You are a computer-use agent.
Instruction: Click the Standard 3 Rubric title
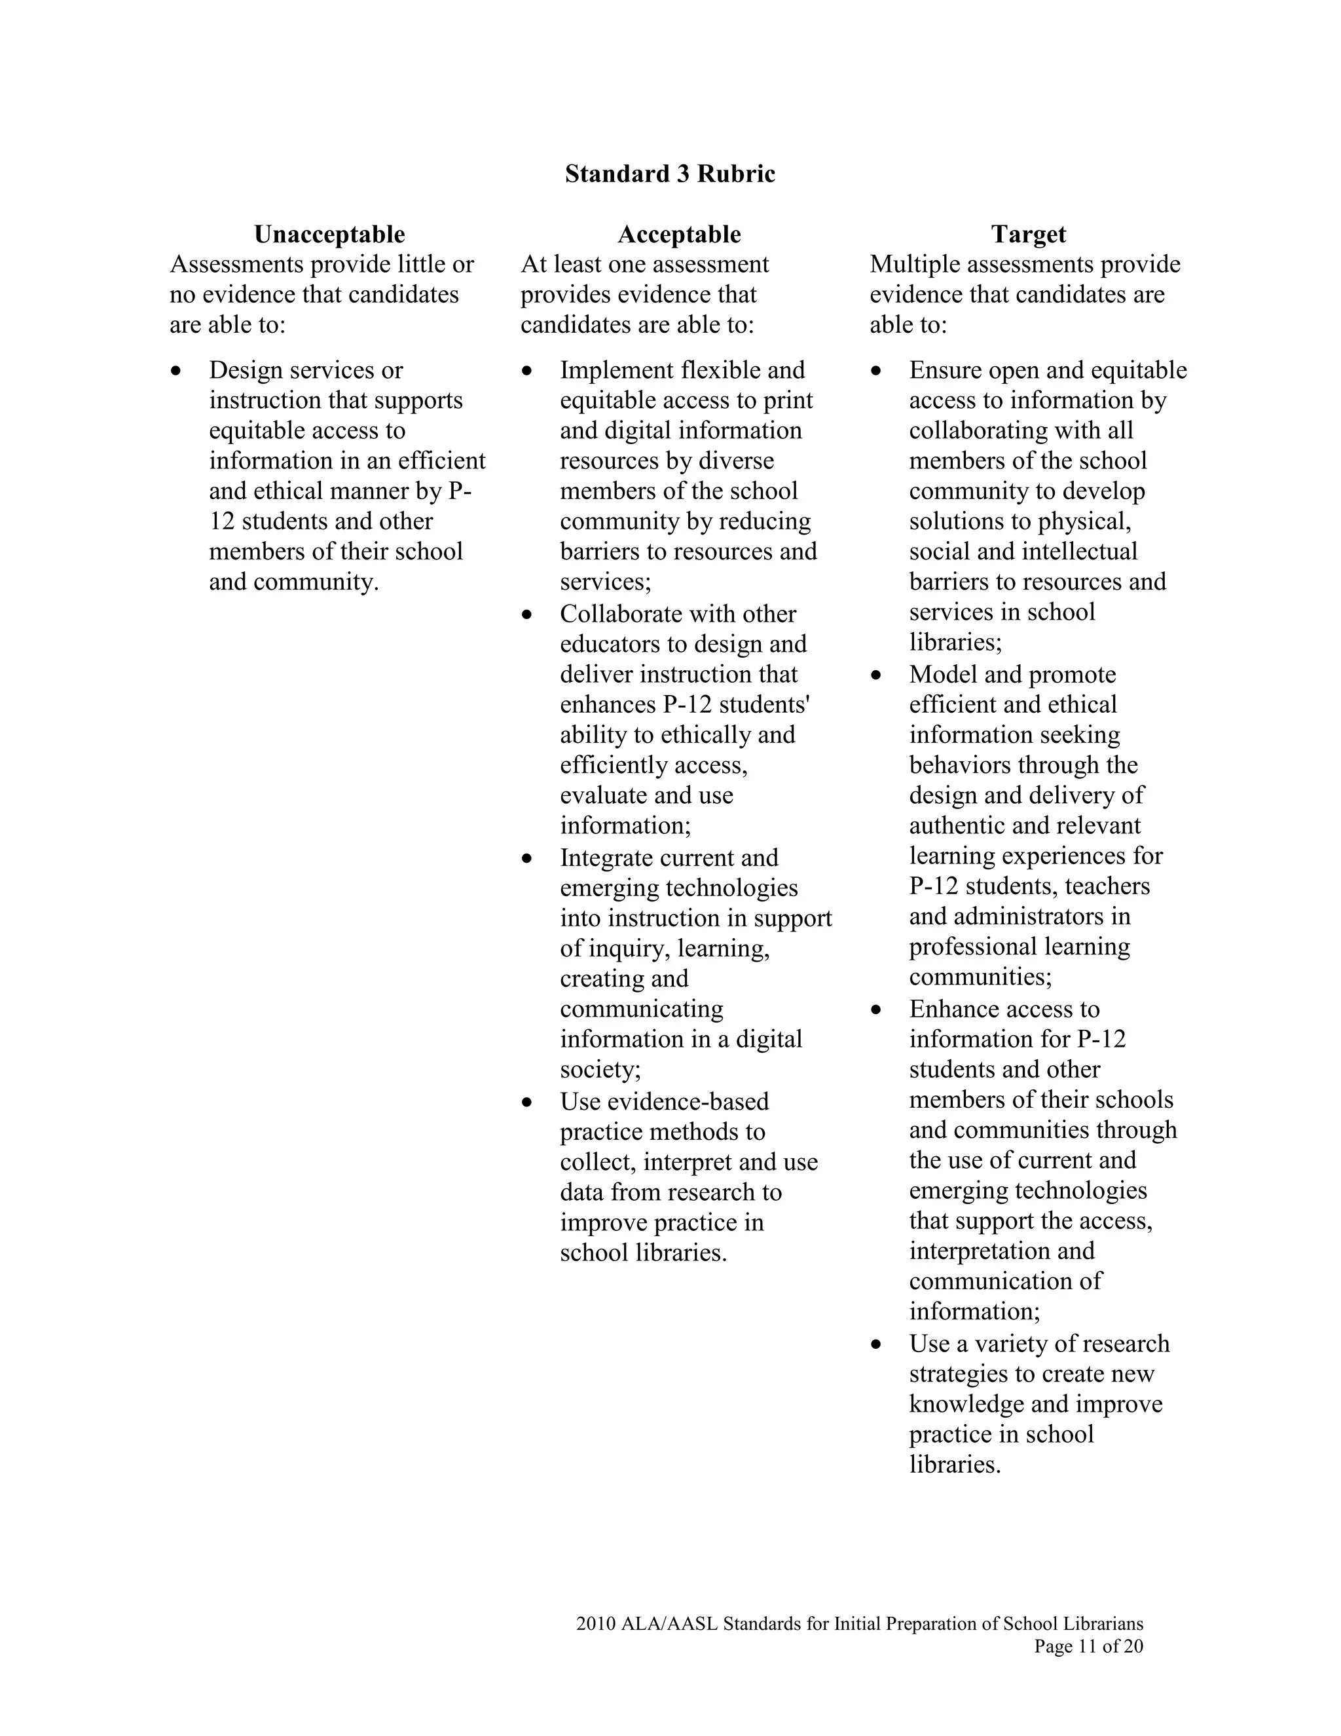tap(670, 174)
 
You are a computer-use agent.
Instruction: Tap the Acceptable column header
tap(679, 234)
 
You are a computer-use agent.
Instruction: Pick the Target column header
tap(1028, 234)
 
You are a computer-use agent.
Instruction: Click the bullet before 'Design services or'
tap(176, 370)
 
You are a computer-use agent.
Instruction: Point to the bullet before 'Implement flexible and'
tap(526, 370)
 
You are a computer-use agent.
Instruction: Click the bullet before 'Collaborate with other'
tap(526, 614)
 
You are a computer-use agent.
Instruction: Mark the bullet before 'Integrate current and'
tap(526, 858)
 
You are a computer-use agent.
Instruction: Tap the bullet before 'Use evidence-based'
tap(526, 1103)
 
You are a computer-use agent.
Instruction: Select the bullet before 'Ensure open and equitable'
tap(876, 370)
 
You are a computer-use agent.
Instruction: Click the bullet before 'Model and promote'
tap(876, 675)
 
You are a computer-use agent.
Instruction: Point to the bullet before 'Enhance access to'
tap(876, 1010)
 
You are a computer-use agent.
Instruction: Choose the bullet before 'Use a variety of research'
tap(876, 1344)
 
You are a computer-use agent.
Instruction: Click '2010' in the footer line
tap(596, 1624)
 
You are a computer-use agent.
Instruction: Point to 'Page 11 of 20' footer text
tap(1088, 1646)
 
